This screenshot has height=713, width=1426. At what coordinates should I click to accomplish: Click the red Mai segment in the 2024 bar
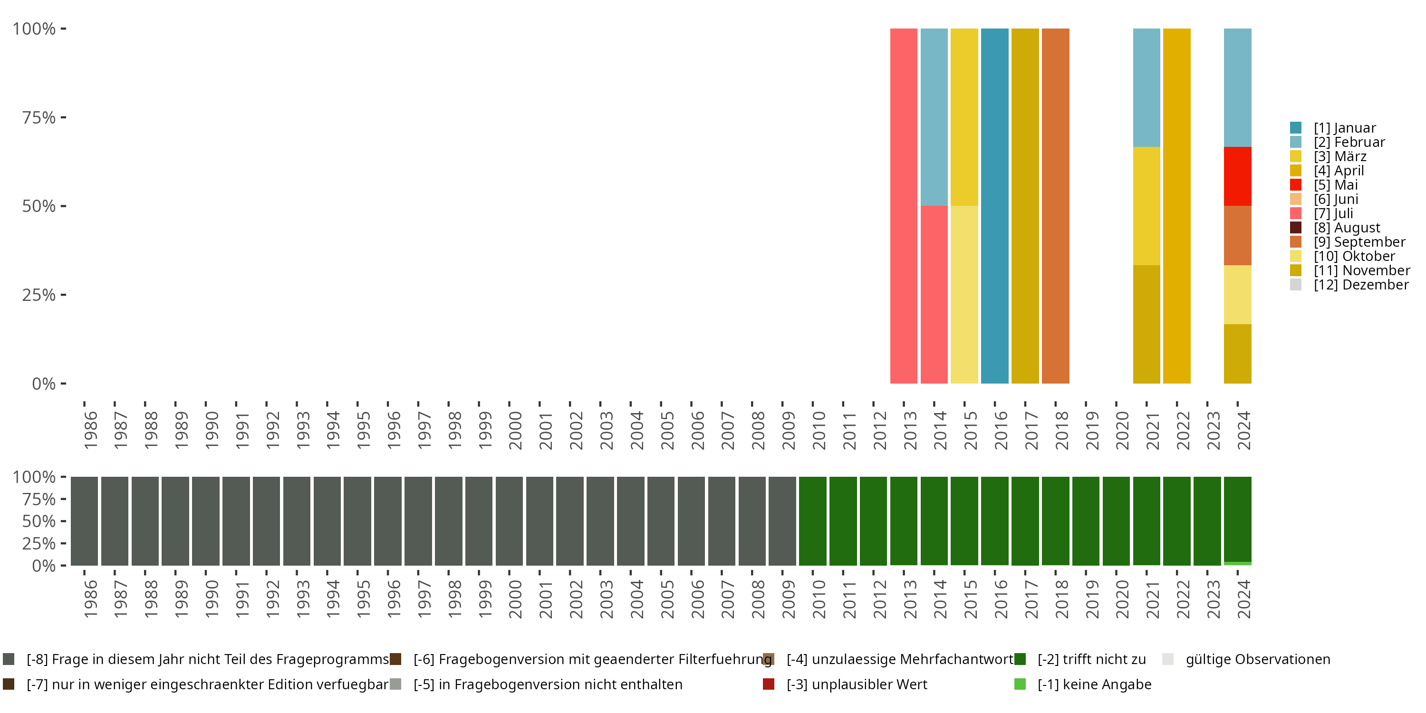[1237, 176]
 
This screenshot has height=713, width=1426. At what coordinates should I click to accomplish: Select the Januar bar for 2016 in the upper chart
[994, 205]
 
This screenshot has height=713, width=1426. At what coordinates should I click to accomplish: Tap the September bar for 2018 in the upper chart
[1055, 205]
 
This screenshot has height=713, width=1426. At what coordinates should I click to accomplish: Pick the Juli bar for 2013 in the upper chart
[904, 205]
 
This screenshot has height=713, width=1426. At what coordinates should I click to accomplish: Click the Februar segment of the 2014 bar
[934, 117]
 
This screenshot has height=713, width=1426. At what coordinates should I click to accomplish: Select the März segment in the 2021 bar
[1147, 205]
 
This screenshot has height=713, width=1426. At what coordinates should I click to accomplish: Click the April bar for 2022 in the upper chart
[1176, 205]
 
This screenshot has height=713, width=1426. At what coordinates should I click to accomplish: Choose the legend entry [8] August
[1346, 228]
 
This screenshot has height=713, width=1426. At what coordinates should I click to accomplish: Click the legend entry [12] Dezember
[1361, 285]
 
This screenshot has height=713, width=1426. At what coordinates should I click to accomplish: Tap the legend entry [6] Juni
[1335, 199]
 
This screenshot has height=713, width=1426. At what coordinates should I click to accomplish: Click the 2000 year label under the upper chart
[515, 430]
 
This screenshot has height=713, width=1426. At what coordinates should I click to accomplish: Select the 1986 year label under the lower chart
[90, 599]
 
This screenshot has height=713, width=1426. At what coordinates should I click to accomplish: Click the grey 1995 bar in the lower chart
[357, 521]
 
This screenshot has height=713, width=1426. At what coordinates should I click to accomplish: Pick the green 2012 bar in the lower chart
[873, 521]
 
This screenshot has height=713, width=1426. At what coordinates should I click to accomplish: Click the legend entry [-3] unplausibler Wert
[856, 684]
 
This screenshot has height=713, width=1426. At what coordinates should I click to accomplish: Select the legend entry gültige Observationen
[1257, 659]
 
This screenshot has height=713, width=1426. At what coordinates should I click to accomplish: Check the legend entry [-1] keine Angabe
[1093, 684]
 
